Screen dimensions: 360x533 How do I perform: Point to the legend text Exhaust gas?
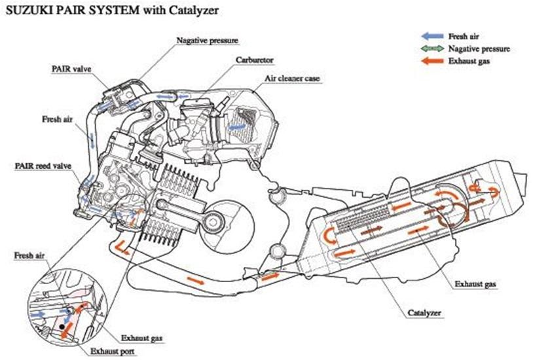(469, 61)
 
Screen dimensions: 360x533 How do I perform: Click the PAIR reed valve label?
(42, 166)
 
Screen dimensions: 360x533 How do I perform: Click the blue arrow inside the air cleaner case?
(239, 124)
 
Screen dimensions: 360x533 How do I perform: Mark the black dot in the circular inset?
(61, 323)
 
